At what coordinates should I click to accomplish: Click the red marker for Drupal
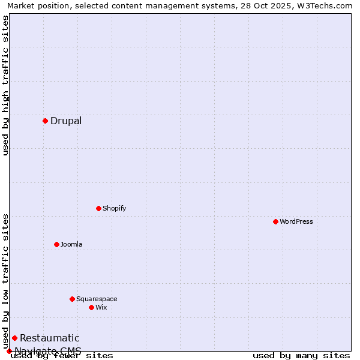pyautogui.click(x=45, y=121)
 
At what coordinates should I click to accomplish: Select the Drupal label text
pyautogui.click(x=66, y=121)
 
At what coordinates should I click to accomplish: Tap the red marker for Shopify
pyautogui.click(x=98, y=208)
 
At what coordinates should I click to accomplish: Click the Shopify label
pyautogui.click(x=114, y=208)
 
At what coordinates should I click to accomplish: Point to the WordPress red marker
pyautogui.click(x=275, y=221)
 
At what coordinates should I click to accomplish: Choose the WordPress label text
pyautogui.click(x=296, y=221)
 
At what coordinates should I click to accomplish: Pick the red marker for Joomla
pyautogui.click(x=56, y=244)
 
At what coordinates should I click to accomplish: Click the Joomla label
pyautogui.click(x=71, y=244)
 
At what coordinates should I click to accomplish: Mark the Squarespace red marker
pyautogui.click(x=72, y=299)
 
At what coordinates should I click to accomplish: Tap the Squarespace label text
pyautogui.click(x=97, y=299)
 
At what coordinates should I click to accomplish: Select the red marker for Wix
pyautogui.click(x=91, y=307)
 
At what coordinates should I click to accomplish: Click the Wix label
pyautogui.click(x=101, y=307)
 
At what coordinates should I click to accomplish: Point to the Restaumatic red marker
pyautogui.click(x=14, y=338)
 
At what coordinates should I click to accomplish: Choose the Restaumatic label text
pyautogui.click(x=49, y=338)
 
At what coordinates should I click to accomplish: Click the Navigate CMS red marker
pyautogui.click(x=9, y=351)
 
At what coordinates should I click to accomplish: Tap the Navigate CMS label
pyautogui.click(x=48, y=351)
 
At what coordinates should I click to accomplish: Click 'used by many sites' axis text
pyautogui.click(x=301, y=356)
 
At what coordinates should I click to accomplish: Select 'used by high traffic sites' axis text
pyautogui.click(x=5, y=85)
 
